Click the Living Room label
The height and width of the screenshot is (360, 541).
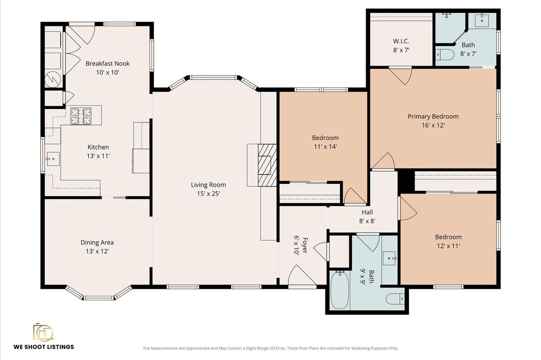tap(208, 185)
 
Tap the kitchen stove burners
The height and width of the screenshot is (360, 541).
tap(81, 116)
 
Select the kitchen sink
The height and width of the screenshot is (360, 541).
tap(53, 159)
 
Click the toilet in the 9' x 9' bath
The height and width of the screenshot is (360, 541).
tap(395, 299)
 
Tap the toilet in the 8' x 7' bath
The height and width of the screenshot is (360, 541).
tap(444, 54)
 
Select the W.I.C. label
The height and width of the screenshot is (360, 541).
tap(402, 41)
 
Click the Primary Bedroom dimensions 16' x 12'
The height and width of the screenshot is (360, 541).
tap(433, 125)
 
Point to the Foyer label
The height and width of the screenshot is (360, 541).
tap(305, 245)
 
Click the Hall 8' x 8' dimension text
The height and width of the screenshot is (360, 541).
tap(367, 221)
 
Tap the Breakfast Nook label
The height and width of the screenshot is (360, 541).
tap(108, 63)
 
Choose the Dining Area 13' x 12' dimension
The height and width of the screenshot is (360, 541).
tap(97, 251)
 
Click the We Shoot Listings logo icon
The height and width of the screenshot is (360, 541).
tap(43, 332)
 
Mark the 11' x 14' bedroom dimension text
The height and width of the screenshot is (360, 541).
tap(325, 146)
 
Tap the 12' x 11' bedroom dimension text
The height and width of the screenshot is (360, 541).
tap(448, 246)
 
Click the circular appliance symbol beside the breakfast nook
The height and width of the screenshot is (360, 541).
tap(53, 79)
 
